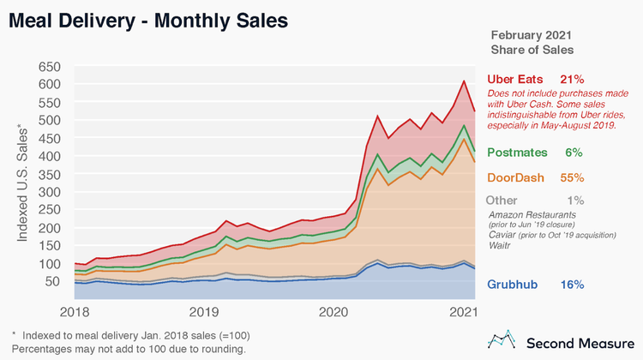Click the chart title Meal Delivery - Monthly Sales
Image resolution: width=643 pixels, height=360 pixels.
pos(147,18)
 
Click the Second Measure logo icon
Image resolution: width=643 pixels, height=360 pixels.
pos(499,340)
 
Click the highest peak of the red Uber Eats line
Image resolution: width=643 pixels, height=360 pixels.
pos(464,81)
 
